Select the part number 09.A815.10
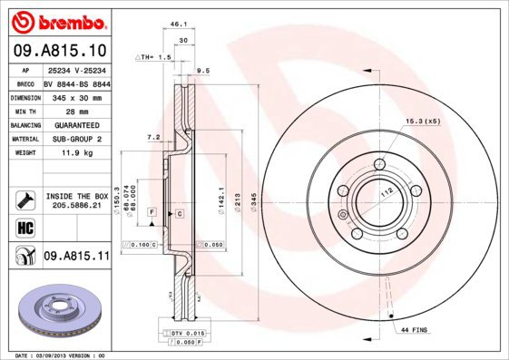[60, 51]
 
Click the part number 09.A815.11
[75, 258]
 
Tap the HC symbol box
[24, 226]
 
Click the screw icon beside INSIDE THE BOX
[24, 199]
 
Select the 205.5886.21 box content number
[77, 206]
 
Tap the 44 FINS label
[413, 330]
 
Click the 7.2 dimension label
[152, 137]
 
